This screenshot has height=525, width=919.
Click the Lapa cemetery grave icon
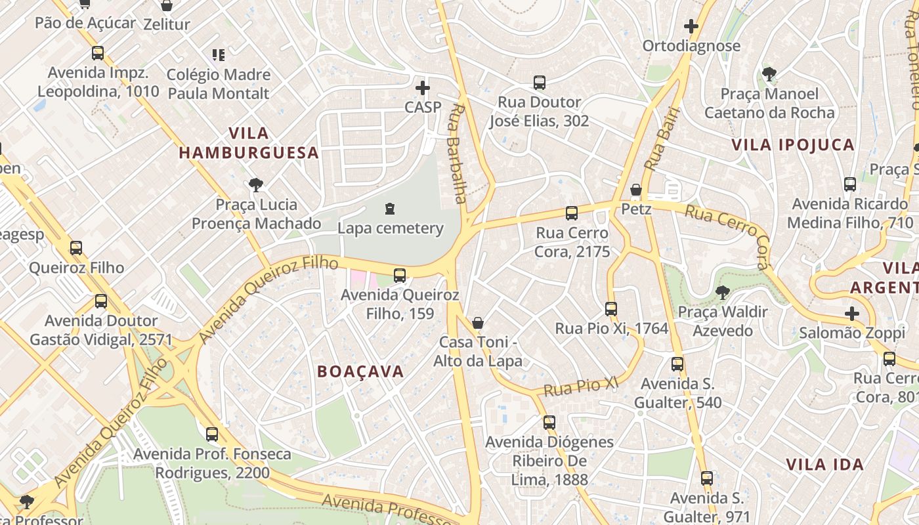click(391, 209)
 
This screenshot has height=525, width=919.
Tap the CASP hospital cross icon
click(423, 87)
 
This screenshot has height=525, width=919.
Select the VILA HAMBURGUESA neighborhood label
click(249, 143)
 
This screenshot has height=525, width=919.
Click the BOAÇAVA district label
click(360, 371)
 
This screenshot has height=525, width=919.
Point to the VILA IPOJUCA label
click(793, 145)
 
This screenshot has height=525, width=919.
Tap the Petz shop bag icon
click(635, 190)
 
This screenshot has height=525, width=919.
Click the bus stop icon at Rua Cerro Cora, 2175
click(572, 213)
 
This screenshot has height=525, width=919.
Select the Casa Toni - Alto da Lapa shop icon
click(478, 323)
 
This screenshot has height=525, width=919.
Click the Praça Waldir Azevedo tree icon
click(723, 292)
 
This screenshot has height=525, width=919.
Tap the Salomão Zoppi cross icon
click(852, 314)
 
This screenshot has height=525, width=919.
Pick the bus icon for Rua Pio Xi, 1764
click(611, 309)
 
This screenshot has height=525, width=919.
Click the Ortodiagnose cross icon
click(691, 27)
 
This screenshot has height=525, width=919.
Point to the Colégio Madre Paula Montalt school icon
click(219, 55)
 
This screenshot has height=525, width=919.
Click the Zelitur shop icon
click(167, 6)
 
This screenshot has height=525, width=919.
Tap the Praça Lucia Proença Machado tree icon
click(256, 185)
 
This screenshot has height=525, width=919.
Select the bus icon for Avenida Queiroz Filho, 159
click(399, 276)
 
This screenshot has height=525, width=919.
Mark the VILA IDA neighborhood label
click(824, 465)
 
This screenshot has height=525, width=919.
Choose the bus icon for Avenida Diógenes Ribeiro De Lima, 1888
click(549, 423)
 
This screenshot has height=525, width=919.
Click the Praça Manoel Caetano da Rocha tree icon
click(769, 74)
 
